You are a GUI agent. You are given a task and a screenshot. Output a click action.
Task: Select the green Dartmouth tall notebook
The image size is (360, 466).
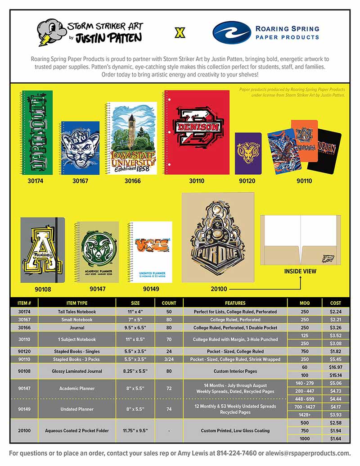coord(37,132)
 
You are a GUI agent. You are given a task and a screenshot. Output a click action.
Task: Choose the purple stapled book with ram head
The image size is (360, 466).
coord(248,153)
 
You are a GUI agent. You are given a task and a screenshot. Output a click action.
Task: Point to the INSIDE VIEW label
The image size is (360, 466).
coord(300,271)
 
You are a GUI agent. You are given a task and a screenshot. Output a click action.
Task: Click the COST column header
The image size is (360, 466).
coord(335,303)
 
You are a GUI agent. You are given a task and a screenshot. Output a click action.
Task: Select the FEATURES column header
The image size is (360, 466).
coord(235,303)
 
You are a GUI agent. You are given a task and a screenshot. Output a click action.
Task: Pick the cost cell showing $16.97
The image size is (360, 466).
coord(335,367)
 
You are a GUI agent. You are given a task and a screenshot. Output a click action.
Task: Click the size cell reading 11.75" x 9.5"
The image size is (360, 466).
coord(135,430)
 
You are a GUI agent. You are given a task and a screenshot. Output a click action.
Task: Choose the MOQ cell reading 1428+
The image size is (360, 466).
coord(304,414)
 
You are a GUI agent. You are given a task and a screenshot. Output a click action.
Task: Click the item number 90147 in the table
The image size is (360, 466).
coord(24,388)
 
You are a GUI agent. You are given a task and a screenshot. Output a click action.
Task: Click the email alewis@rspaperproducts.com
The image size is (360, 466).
coord(306,453)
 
